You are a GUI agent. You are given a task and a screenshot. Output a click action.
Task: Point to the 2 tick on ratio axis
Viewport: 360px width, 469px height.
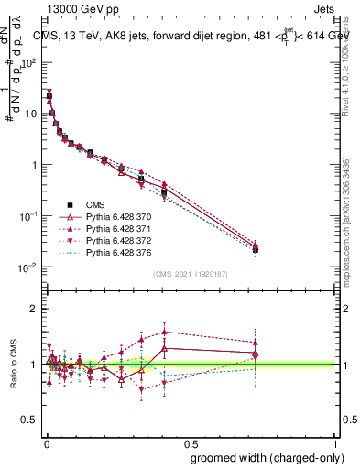[34, 308]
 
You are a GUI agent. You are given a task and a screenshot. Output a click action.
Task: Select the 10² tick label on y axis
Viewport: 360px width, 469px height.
[28, 62]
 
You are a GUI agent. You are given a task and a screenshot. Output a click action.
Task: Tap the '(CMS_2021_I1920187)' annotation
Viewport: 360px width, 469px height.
[191, 273]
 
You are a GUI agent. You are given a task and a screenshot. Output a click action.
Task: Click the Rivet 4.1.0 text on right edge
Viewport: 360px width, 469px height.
[345, 69]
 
